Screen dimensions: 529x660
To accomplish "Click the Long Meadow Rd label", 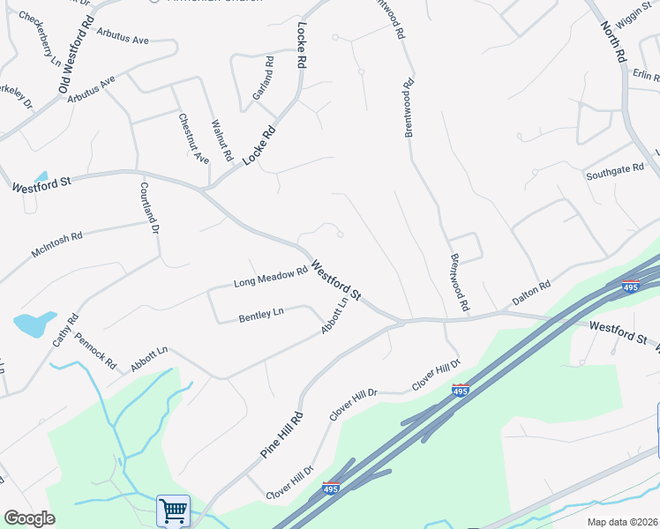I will [x=270, y=278].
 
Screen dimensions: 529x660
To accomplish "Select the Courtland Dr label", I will [x=148, y=208].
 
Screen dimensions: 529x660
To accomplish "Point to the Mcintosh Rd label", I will [x=56, y=243].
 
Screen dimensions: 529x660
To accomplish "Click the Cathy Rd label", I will [x=65, y=330].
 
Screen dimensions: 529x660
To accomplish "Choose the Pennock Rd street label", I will [x=95, y=349].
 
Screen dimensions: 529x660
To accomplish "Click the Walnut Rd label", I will [x=221, y=140].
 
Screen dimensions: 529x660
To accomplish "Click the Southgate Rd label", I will [x=616, y=171].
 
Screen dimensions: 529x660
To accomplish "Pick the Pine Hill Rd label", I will [x=281, y=435].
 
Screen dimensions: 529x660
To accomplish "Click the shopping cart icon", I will [x=173, y=510].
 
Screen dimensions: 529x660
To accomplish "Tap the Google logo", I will [x=29, y=518].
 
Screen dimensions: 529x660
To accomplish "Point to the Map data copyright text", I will [x=621, y=522].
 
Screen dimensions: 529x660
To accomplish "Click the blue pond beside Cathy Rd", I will [x=33, y=324].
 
